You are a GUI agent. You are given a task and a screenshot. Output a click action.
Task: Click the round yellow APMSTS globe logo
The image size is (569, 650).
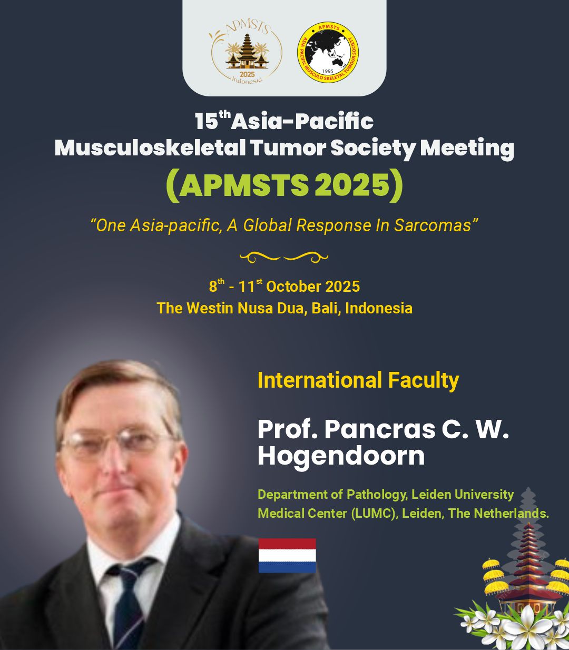tap(328, 53)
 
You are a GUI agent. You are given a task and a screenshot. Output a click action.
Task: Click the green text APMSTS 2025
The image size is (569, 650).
tap(284, 185)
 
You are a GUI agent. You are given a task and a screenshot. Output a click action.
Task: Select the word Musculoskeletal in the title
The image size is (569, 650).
tap(150, 147)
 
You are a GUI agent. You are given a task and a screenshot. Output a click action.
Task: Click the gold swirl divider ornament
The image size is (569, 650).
tap(283, 257)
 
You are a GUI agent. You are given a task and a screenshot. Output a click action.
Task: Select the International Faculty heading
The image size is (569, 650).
tap(358, 380)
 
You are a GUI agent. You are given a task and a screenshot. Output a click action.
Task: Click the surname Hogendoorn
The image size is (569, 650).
tap(341, 456)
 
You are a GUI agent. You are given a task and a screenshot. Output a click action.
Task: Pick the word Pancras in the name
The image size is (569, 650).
tap(379, 429)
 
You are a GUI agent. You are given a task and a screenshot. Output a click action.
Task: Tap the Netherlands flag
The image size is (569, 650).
tap(287, 555)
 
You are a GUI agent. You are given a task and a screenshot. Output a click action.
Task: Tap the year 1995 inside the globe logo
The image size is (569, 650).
tap(328, 71)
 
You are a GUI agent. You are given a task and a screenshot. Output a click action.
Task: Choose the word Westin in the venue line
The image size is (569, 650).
tap(210, 308)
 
